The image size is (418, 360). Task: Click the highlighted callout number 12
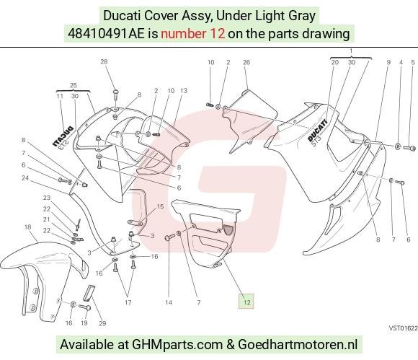click(246, 302)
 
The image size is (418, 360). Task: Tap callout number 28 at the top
click(104, 61)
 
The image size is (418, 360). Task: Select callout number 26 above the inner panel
click(246, 62)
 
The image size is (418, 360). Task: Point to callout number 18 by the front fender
click(27, 227)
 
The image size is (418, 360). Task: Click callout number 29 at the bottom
click(102, 323)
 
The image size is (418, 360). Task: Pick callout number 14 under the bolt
click(169, 302)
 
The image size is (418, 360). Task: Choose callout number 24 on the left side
click(25, 177)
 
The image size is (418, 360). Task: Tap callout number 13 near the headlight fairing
click(184, 91)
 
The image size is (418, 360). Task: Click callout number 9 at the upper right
click(388, 62)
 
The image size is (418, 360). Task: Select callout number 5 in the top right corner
click(413, 62)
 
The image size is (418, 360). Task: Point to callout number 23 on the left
click(47, 198)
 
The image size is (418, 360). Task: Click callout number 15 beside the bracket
click(160, 206)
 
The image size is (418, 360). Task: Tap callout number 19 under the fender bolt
click(84, 323)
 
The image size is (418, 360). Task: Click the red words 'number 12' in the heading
click(192, 34)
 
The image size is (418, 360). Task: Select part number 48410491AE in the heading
click(106, 34)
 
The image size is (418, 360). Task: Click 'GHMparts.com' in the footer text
click(177, 344)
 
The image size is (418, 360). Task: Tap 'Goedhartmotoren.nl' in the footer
click(298, 344)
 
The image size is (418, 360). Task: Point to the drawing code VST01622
click(403, 328)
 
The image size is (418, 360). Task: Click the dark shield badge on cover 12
click(228, 229)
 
